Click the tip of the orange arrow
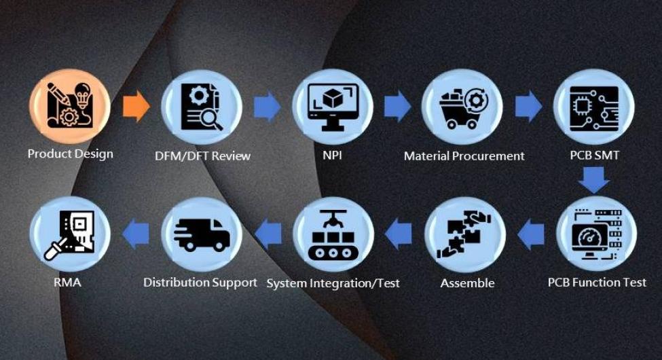(150, 106)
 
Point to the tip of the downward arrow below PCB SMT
(593, 194)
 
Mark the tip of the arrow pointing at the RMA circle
(122, 234)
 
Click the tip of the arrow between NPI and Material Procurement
(411, 106)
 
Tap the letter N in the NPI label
(327, 155)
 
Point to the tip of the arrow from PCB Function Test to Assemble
(517, 234)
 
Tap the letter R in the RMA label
(58, 282)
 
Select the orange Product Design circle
(70, 107)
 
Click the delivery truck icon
(202, 235)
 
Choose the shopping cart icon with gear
(464, 108)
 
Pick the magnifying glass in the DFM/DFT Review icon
(212, 119)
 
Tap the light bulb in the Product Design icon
(83, 94)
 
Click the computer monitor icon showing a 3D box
(333, 107)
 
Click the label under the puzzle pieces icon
(467, 283)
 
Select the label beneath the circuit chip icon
(595, 155)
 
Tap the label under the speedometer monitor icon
(597, 282)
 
